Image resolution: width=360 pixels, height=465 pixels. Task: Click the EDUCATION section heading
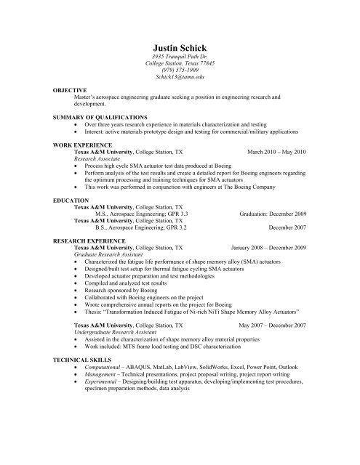71,198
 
